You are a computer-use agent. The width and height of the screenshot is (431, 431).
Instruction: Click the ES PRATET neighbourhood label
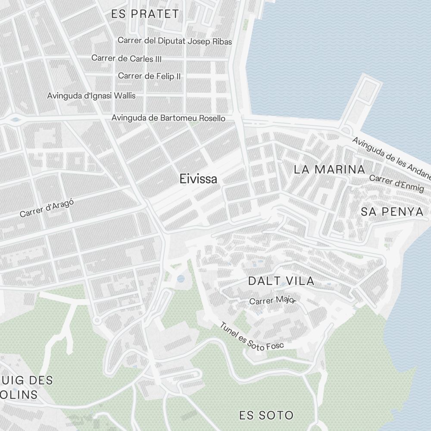pyautogui.click(x=145, y=14)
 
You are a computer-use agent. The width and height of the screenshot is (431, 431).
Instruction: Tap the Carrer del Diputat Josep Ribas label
pyautogui.click(x=175, y=41)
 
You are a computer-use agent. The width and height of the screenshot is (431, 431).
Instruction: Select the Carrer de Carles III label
pyautogui.click(x=127, y=59)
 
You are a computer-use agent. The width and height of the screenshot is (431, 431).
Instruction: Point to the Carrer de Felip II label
pyautogui.click(x=149, y=76)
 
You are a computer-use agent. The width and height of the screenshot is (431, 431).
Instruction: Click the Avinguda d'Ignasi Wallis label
pyautogui.click(x=91, y=96)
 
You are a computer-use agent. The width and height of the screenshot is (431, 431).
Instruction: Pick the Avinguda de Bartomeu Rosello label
pyautogui.click(x=168, y=118)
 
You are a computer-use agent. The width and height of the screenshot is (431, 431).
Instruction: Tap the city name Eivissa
pyautogui.click(x=198, y=179)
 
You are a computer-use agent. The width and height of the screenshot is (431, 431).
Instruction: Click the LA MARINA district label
pyautogui.click(x=329, y=169)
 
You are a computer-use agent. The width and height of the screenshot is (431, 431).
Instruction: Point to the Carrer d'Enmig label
pyautogui.click(x=397, y=183)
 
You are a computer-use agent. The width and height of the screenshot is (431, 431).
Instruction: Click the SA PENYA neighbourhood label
pyautogui.click(x=392, y=212)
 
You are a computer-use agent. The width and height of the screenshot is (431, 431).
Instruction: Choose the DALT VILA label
pyautogui.click(x=281, y=281)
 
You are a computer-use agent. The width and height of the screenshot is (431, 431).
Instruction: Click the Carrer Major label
pyautogui.click(x=272, y=300)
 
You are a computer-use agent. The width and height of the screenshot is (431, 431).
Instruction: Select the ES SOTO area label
pyautogui.click(x=266, y=415)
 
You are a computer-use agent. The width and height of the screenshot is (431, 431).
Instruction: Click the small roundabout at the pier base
pyautogui.click(x=345, y=131)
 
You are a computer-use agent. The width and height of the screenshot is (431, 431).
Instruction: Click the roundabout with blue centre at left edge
pyautogui.click(x=16, y=119)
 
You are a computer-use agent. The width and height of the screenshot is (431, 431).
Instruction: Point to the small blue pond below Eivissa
pyautogui.click(x=181, y=279)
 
